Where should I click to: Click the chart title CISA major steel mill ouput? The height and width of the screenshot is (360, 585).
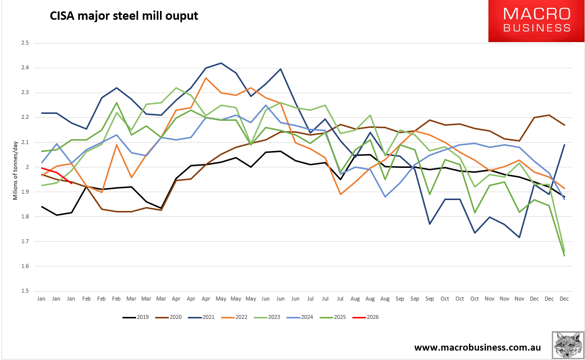click(124, 16)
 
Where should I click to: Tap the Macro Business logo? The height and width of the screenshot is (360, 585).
click(536, 21)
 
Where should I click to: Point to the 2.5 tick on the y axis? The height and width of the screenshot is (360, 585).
click(25, 43)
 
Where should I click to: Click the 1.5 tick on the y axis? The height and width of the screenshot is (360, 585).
click(25, 291)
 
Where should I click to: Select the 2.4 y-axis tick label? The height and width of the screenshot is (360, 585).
click(25, 68)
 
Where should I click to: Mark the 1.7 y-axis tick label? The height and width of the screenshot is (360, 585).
click(25, 242)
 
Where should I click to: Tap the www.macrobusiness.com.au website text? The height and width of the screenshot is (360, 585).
click(477, 347)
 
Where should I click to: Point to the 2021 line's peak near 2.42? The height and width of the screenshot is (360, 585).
click(220, 63)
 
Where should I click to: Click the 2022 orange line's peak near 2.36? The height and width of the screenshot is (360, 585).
click(205, 78)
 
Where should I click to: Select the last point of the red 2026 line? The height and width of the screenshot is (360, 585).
click(71, 183)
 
